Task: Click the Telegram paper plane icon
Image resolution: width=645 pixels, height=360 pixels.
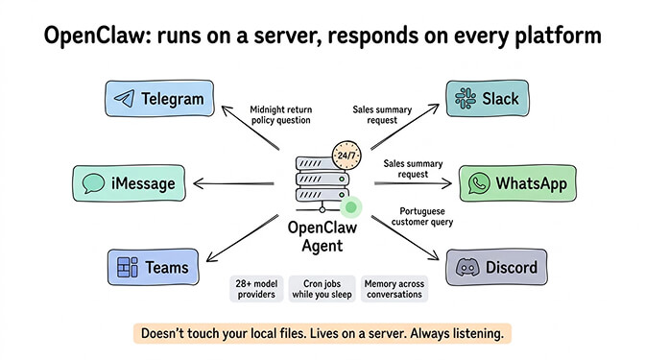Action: click(x=123, y=99)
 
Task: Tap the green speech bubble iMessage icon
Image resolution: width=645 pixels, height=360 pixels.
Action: click(x=93, y=182)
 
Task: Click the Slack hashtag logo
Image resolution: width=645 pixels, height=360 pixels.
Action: click(x=467, y=98)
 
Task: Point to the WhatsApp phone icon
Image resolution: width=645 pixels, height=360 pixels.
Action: click(x=477, y=182)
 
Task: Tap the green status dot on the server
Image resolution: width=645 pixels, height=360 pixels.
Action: click(x=352, y=206)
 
